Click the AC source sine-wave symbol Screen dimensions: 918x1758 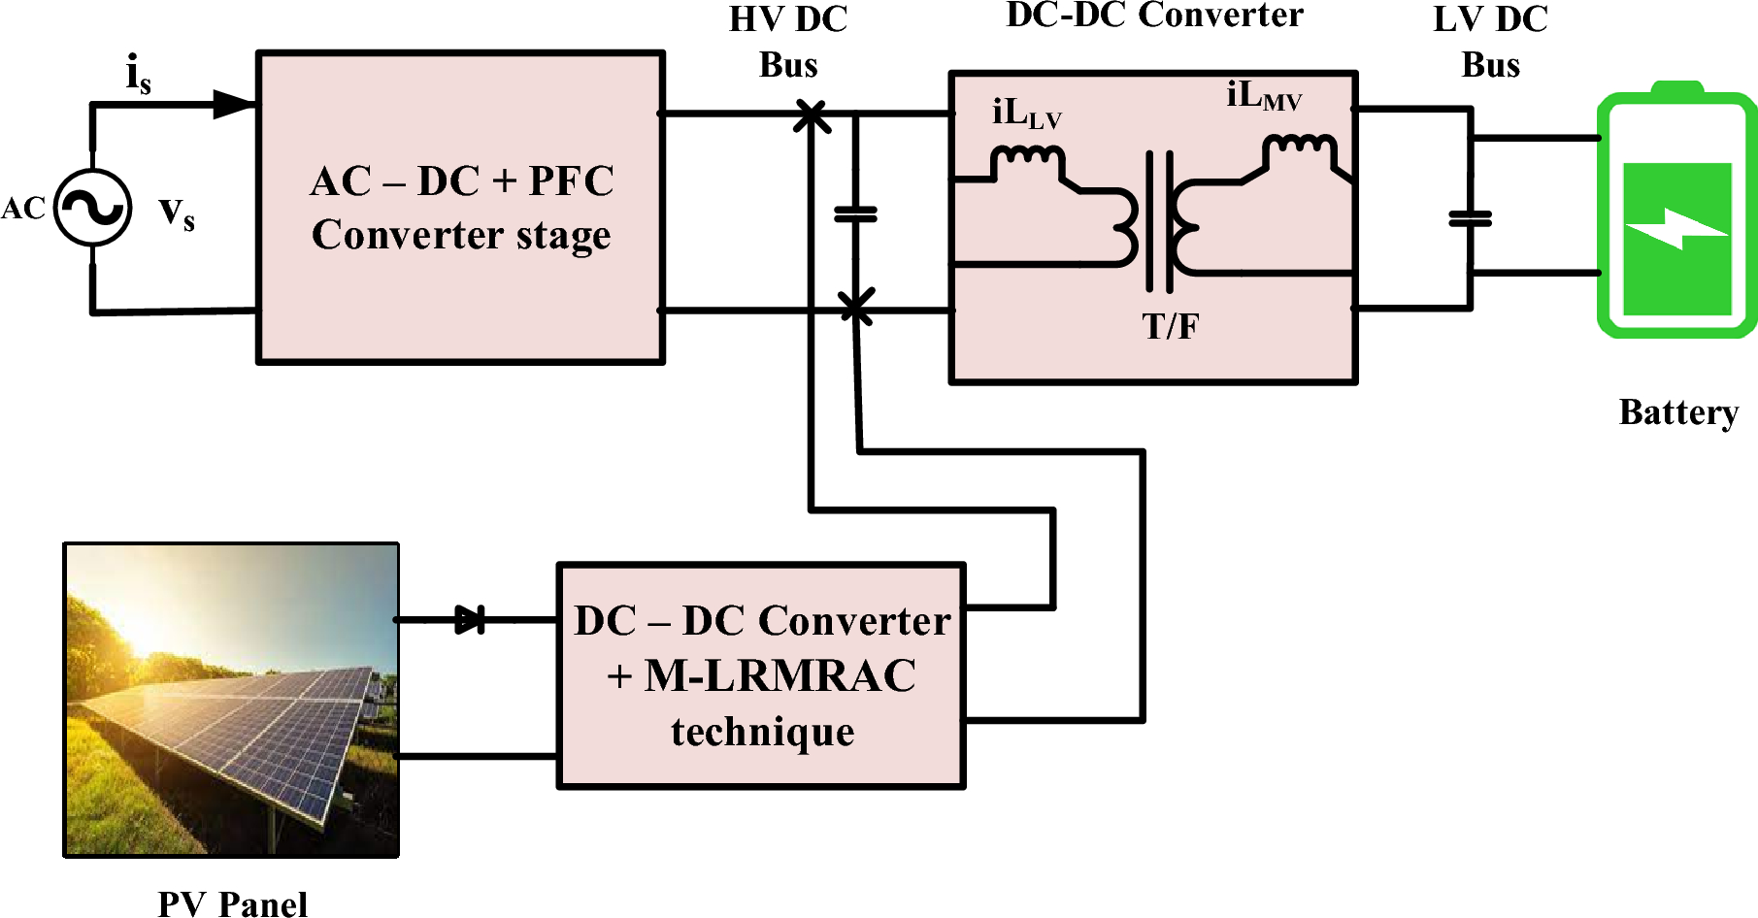click(92, 208)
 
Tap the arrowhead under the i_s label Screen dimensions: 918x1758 click(233, 104)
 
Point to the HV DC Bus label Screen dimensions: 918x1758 click(788, 42)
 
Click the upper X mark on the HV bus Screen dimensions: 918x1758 click(812, 115)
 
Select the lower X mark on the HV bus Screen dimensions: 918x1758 click(856, 308)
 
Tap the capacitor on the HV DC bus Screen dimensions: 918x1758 click(856, 213)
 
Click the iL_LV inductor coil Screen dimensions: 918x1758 click(1027, 157)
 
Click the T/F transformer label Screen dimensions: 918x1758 click(1170, 327)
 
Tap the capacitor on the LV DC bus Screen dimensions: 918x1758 click(1470, 219)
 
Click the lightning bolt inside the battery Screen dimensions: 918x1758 click(1677, 230)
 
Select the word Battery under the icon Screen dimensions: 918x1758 click(1677, 412)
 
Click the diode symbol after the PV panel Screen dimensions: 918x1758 click(470, 619)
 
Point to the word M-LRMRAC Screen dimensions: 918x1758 click(779, 676)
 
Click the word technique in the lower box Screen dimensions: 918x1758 click(762, 732)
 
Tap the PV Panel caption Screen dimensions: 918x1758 click(232, 903)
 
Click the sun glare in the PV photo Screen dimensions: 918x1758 click(146, 621)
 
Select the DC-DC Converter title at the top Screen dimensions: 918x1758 click(1154, 16)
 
